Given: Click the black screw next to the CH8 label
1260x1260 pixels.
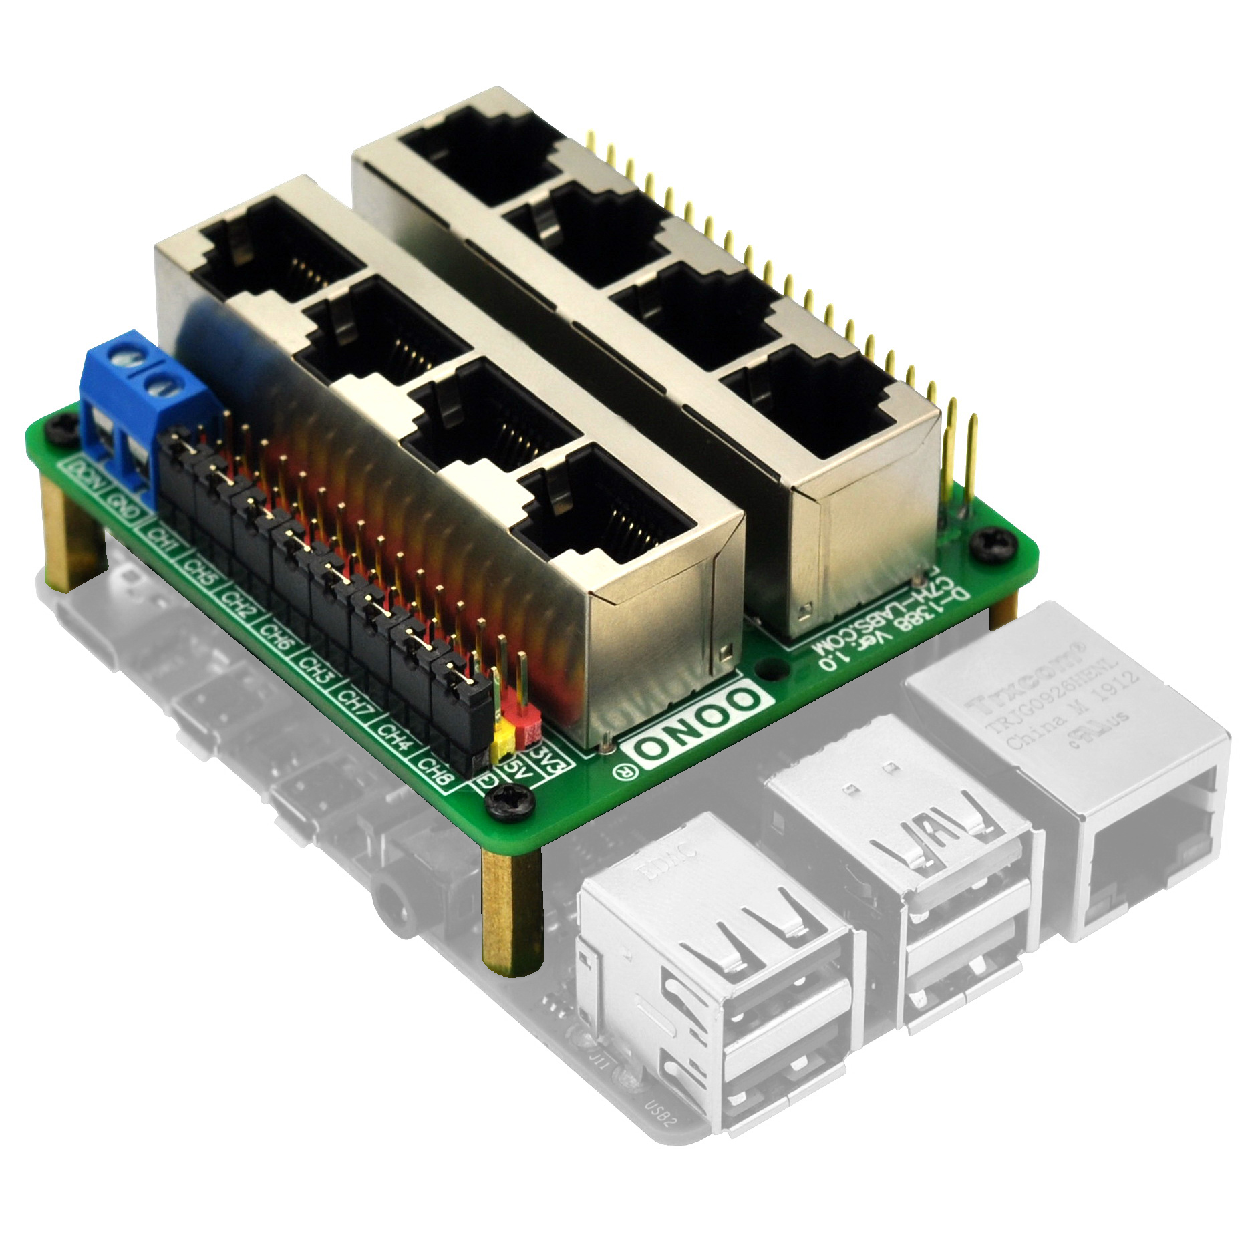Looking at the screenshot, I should click(512, 801).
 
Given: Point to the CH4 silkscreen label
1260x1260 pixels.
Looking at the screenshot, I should click(395, 736).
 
